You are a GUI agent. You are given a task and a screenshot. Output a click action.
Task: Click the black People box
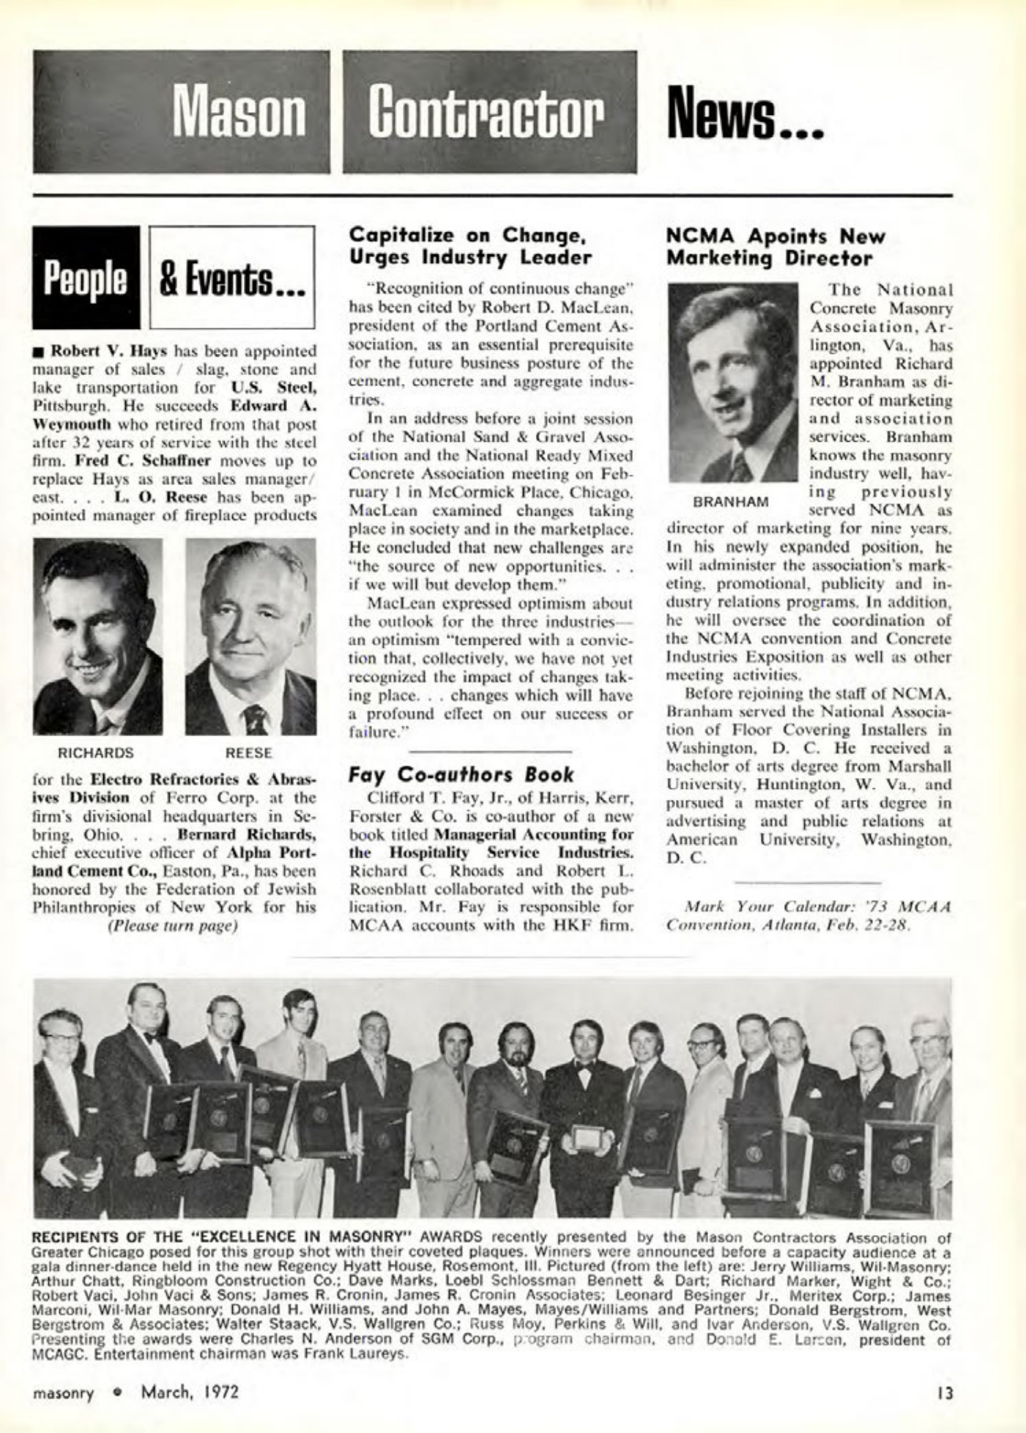click(85, 276)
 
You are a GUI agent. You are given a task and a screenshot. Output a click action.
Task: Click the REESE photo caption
click(249, 753)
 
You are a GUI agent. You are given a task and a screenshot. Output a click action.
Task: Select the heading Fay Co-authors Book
click(461, 774)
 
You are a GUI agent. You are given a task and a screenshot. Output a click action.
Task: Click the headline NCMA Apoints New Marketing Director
click(776, 247)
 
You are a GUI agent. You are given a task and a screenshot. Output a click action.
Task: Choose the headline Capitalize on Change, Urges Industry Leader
click(469, 246)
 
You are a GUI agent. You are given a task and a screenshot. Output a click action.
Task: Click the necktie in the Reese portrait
click(256, 718)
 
